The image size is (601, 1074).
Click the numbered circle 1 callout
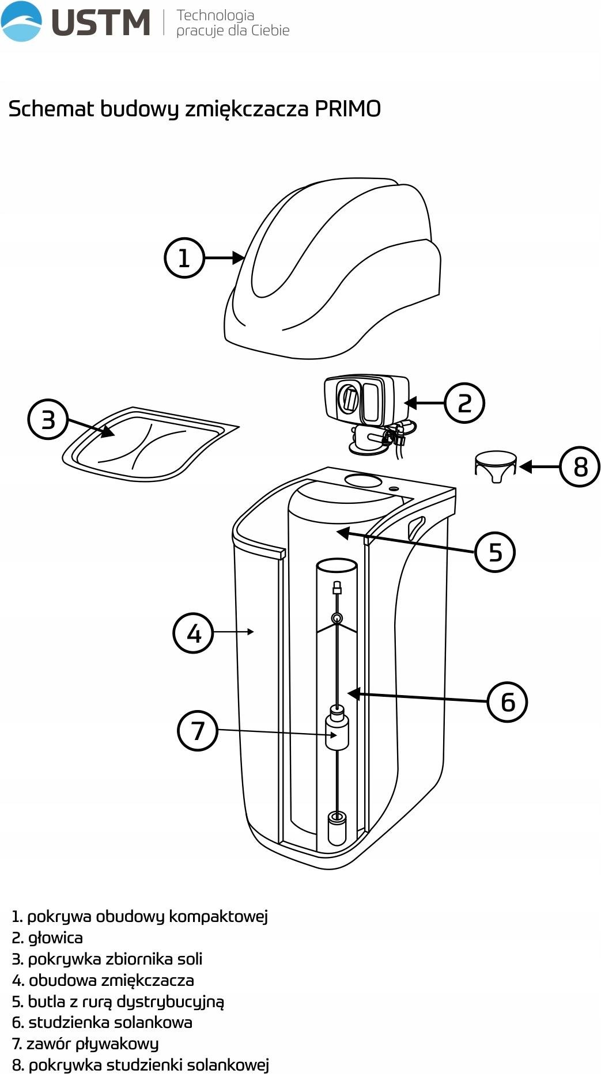coord(184,257)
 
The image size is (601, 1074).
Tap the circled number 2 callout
coord(464,403)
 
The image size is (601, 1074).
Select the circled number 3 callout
coord(48,419)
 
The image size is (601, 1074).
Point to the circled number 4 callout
coord(194,633)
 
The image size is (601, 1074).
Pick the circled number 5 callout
coord(495,552)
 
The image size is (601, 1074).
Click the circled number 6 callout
coord(507,701)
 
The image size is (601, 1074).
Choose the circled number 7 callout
coord(198,730)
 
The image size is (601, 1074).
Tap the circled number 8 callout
coord(580,466)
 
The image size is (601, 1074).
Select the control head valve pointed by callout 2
coord(366,403)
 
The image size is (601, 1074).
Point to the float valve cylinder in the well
coord(337,733)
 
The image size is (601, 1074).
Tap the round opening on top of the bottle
coord(363,480)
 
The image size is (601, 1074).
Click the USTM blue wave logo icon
coord(21,22)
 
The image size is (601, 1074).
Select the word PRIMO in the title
coord(347,109)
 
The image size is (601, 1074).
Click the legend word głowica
coord(55,938)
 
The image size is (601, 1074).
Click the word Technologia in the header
coord(215,15)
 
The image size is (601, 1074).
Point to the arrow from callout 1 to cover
coord(225,257)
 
